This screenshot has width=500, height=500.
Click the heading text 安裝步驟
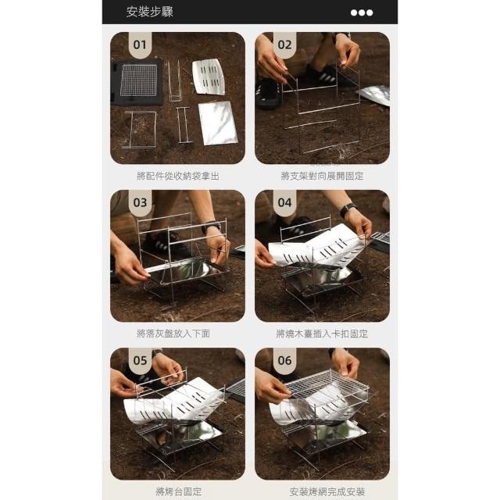149,12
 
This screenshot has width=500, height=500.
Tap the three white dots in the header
361,12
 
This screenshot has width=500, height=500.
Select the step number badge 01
140,45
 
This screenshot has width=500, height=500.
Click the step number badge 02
284,45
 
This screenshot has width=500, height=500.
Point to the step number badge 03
140,202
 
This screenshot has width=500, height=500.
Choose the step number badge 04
284,202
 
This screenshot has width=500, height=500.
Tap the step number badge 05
140,360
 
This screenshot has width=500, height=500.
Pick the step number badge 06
284,360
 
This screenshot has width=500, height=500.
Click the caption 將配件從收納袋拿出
178,176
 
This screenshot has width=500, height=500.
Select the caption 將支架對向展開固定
322,176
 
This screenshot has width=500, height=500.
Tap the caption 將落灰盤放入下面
173,334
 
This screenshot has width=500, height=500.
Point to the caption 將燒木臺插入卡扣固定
322,334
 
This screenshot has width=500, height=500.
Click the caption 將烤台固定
179,491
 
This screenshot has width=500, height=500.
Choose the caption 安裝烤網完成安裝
327,491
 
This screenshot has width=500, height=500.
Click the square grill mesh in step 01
139,80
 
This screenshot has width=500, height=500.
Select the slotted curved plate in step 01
209,77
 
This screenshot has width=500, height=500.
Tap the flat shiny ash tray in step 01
218,123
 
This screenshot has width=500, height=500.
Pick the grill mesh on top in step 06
327,384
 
